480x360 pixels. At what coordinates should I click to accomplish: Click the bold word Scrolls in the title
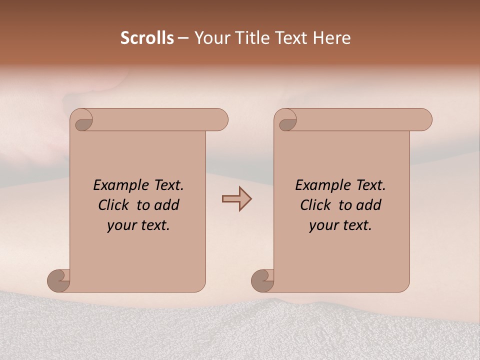click(x=147, y=38)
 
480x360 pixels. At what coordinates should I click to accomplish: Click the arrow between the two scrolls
click(x=237, y=198)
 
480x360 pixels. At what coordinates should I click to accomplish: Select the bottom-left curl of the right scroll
click(x=262, y=280)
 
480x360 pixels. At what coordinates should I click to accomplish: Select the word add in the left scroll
click(x=167, y=205)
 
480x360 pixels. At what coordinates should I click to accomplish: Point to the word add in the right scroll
click(x=369, y=205)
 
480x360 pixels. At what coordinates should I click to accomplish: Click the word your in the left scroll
click(x=121, y=225)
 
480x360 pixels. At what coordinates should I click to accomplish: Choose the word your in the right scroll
click(x=323, y=225)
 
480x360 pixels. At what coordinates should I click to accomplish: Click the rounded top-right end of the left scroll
click(x=220, y=119)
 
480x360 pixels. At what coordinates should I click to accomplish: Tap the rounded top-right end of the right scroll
click(x=424, y=119)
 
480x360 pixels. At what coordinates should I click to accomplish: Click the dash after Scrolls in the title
click(x=183, y=38)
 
